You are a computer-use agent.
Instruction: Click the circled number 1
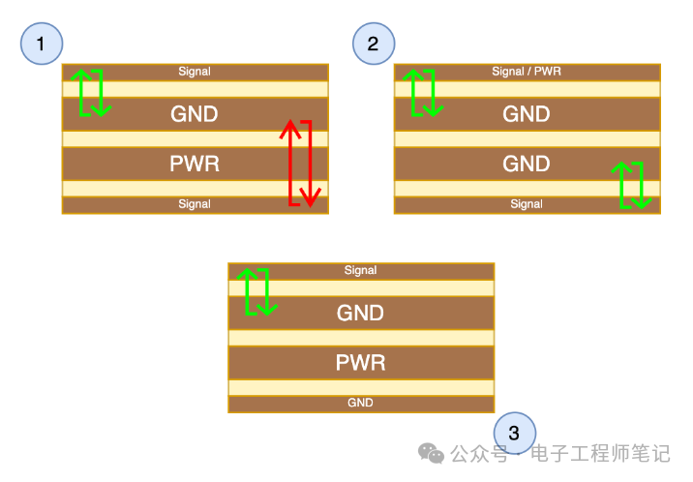[x=41, y=44]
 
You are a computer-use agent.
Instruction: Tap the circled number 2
[x=374, y=44]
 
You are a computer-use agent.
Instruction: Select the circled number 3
[x=514, y=433]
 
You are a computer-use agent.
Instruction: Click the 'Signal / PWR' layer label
[x=527, y=72]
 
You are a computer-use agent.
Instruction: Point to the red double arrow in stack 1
[x=300, y=163]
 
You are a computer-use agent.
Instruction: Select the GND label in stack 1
[x=195, y=114]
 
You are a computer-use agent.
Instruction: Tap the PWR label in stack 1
[x=195, y=164]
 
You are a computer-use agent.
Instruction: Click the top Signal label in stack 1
[x=195, y=72]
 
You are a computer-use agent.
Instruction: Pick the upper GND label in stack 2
[x=527, y=114]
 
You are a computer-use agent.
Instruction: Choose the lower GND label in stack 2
[x=527, y=164]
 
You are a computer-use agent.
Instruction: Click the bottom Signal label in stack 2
[x=527, y=204]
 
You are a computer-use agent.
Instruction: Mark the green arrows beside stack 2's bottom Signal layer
[x=632, y=185]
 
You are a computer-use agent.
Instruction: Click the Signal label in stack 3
[x=361, y=271]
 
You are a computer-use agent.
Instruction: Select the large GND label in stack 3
[x=361, y=313]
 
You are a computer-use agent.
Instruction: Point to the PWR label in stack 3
[x=361, y=363]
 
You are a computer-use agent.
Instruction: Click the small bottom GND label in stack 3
[x=361, y=403]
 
